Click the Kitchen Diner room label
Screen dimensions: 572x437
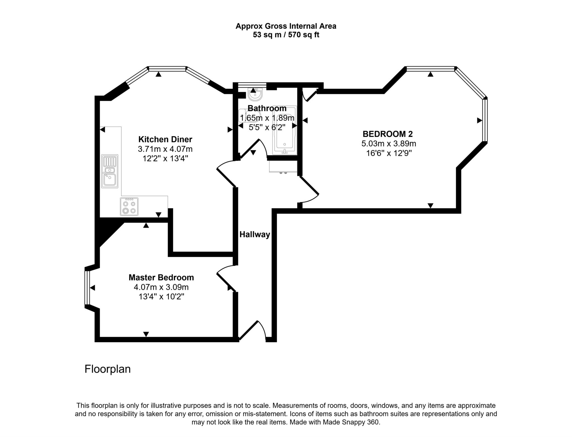(x=165, y=139)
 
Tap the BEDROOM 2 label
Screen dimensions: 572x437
(x=388, y=134)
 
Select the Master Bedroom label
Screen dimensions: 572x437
(x=161, y=278)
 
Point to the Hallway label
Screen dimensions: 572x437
(x=255, y=234)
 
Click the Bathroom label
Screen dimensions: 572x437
(x=267, y=108)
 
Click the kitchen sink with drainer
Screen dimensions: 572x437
(x=110, y=171)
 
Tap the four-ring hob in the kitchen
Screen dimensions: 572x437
(x=129, y=206)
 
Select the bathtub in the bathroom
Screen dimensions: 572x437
(x=285, y=130)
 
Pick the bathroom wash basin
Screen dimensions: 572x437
(x=255, y=94)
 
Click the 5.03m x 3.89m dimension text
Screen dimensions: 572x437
(x=389, y=144)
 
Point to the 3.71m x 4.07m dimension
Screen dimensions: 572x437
(x=165, y=149)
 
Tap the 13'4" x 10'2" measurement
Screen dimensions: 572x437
(x=161, y=297)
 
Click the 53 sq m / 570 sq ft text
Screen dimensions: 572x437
(x=286, y=35)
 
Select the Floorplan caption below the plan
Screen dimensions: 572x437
(x=108, y=369)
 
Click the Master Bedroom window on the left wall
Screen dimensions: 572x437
(x=87, y=288)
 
